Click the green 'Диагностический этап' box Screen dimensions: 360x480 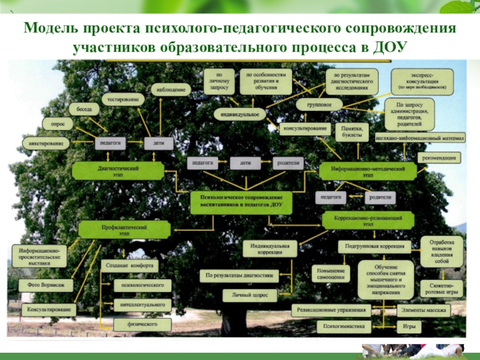(118, 171)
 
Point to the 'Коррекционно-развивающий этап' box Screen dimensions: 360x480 (368, 220)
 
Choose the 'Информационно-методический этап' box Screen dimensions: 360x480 (368, 172)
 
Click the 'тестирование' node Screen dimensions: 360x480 (123, 98)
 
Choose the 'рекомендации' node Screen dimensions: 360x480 (440, 158)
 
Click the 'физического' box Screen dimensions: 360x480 (143, 324)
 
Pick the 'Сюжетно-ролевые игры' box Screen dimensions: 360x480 (441, 289)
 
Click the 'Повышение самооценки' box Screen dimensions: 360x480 (331, 274)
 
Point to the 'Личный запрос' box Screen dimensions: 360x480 (241, 295)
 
